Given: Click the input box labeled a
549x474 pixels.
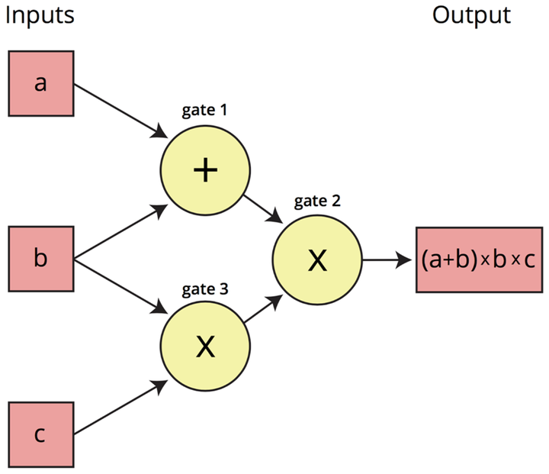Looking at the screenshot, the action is coord(41,83).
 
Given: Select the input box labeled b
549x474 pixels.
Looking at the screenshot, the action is coord(41,259).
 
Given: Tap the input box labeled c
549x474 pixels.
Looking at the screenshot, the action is coord(41,434).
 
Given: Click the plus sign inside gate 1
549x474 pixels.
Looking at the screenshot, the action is coord(206,169).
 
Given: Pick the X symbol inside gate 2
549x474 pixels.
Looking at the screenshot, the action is coord(317,260).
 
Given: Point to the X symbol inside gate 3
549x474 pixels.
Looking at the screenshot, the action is coord(206,346).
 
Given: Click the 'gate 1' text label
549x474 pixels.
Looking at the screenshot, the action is coord(204,110).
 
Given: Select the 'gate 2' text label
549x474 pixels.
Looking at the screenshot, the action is coord(317,201).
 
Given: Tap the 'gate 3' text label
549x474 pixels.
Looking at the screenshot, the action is coord(205,289).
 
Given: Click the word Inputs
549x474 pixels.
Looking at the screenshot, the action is coord(40,15).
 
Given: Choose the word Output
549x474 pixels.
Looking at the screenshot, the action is coord(471,15).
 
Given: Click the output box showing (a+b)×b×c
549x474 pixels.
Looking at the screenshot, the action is coord(480,260).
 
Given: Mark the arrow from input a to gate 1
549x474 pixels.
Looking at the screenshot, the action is coord(120,111).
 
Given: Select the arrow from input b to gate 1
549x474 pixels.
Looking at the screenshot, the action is coord(120,232).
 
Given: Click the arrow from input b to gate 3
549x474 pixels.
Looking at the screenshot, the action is coord(120,286).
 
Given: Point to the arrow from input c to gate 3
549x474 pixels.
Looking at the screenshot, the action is coord(120,408).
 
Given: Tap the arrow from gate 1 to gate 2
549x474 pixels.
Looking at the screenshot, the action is coord(263,209).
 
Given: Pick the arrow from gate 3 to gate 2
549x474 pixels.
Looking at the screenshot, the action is coord(263,308).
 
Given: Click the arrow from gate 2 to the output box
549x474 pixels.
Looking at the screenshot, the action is coord(387,260).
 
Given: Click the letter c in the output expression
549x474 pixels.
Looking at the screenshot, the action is coord(530,260).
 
